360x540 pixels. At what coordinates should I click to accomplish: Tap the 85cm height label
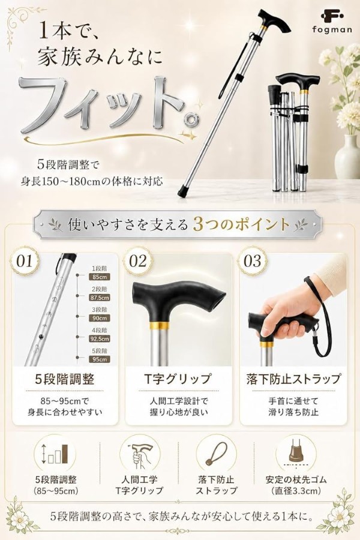click(x=99, y=277)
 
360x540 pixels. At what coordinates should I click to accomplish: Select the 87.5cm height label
click(x=99, y=298)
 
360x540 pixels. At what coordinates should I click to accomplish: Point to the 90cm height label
click(x=99, y=318)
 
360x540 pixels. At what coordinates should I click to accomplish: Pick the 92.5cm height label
click(x=99, y=339)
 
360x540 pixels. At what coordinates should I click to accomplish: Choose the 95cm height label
click(x=99, y=359)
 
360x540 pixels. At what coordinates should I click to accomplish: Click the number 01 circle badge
click(x=25, y=261)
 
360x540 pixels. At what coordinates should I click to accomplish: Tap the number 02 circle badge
click(x=138, y=261)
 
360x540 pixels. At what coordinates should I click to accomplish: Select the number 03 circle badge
click(x=253, y=261)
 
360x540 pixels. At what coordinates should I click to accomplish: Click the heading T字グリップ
click(x=178, y=379)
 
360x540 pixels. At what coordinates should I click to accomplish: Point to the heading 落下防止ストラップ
click(x=293, y=379)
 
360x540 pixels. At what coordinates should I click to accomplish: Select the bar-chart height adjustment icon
click(x=55, y=454)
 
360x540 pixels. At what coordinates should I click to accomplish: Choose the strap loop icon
click(x=216, y=454)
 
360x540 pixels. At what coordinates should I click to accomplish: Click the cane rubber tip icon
click(x=296, y=453)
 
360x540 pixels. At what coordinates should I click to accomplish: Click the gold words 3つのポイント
click(x=241, y=224)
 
